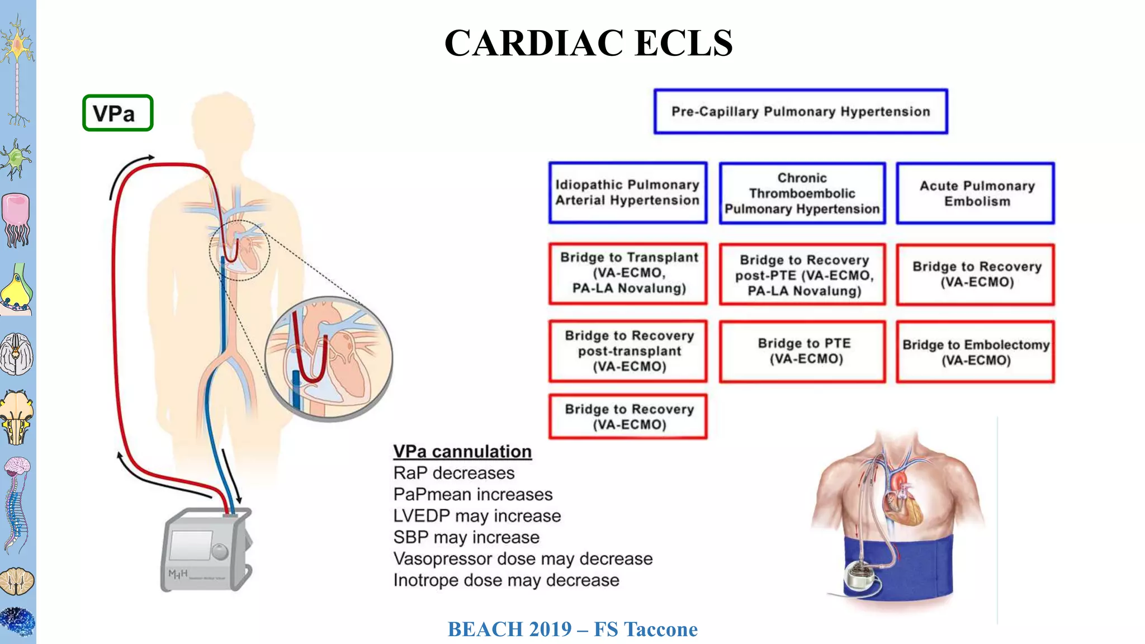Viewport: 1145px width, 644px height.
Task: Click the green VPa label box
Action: tap(117, 113)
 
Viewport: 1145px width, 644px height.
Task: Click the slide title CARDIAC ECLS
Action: tap(588, 43)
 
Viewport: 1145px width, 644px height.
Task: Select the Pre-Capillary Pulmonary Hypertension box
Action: tap(801, 112)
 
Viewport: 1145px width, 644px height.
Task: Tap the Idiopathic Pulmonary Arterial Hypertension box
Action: tap(627, 193)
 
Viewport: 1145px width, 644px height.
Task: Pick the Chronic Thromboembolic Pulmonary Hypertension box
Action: tap(802, 193)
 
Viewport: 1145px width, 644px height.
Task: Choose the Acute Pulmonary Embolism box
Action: tap(976, 193)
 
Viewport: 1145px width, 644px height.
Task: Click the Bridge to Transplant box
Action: tap(628, 273)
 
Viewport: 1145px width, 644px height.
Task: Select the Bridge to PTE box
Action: tap(803, 351)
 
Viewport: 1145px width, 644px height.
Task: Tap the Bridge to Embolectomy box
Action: tap(976, 352)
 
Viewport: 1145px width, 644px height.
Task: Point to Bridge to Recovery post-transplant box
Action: tap(628, 351)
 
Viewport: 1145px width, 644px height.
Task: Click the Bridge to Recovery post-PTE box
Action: tap(803, 275)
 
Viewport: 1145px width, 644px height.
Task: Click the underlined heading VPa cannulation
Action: tap(462, 451)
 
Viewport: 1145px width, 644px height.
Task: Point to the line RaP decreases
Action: tap(453, 473)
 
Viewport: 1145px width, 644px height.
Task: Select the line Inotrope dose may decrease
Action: tap(506, 580)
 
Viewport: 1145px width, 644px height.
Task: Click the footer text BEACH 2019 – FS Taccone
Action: tap(572, 629)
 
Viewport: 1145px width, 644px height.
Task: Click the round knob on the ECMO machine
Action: tap(220, 552)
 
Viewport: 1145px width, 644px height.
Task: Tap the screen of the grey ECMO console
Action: tap(190, 545)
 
